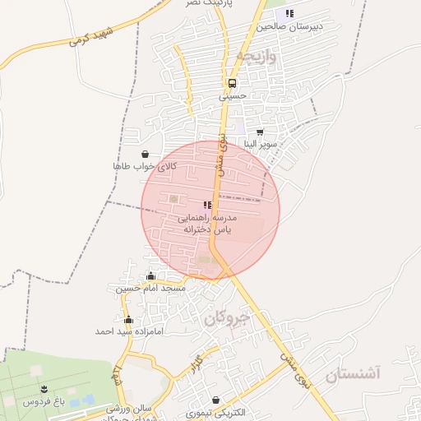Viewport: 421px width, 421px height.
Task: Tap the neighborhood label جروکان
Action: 225,317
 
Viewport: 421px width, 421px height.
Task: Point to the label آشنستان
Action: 354,375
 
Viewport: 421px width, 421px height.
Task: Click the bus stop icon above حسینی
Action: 232,83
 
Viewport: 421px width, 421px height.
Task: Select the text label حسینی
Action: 232,96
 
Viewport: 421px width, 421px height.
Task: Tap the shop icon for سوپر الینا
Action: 260,132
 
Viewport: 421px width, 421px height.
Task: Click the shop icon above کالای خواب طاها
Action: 146,153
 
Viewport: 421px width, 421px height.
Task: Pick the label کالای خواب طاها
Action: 145,166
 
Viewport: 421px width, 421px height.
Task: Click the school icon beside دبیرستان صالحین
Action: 289,13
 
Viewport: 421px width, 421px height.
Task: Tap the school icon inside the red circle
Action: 206,205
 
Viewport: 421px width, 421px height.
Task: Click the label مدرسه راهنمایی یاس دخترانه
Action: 209,224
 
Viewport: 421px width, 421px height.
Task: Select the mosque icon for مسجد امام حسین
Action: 150,276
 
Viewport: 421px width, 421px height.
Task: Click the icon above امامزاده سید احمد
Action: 127,319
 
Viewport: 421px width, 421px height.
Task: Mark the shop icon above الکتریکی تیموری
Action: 215,400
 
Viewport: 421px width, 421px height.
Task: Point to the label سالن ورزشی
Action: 130,409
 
